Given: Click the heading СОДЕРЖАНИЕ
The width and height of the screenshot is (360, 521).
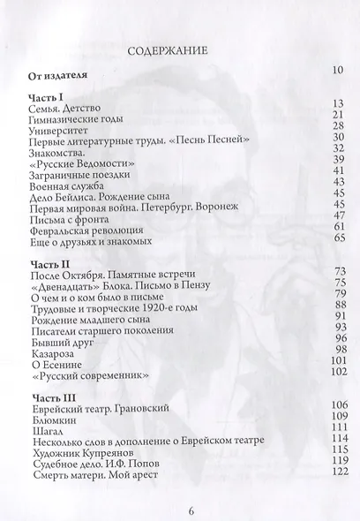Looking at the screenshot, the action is pos(168,50).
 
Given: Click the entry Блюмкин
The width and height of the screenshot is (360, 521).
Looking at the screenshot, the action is pos(51,428).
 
